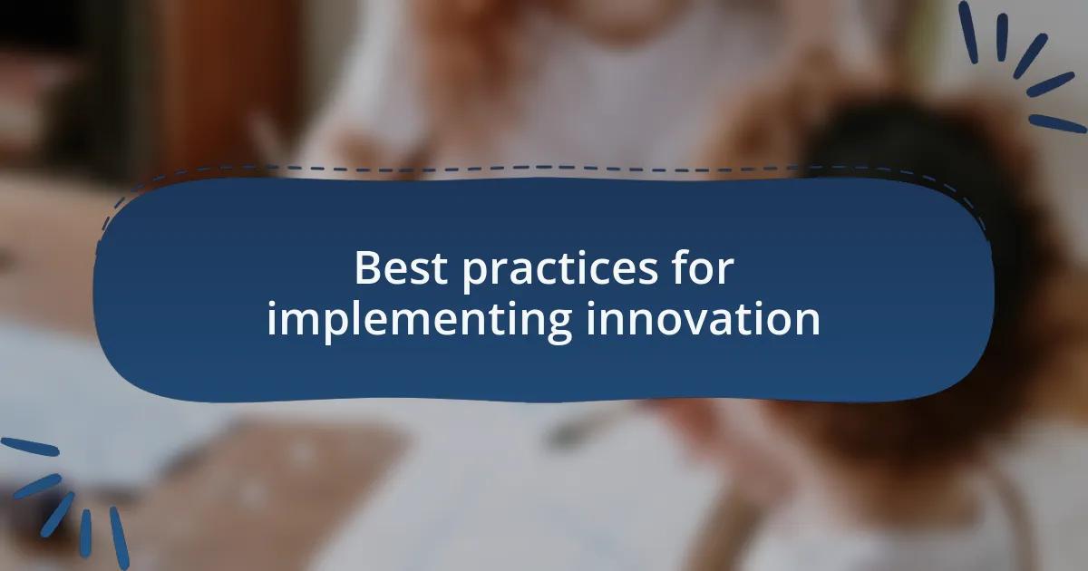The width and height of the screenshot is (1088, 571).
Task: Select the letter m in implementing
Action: coord(298,320)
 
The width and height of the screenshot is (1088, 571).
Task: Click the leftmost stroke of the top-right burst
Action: coord(968,31)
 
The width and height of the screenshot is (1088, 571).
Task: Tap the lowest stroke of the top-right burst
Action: coord(1057,123)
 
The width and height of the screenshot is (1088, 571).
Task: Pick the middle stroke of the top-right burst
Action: coord(1030,56)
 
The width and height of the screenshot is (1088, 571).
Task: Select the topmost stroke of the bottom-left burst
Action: coord(30,447)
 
